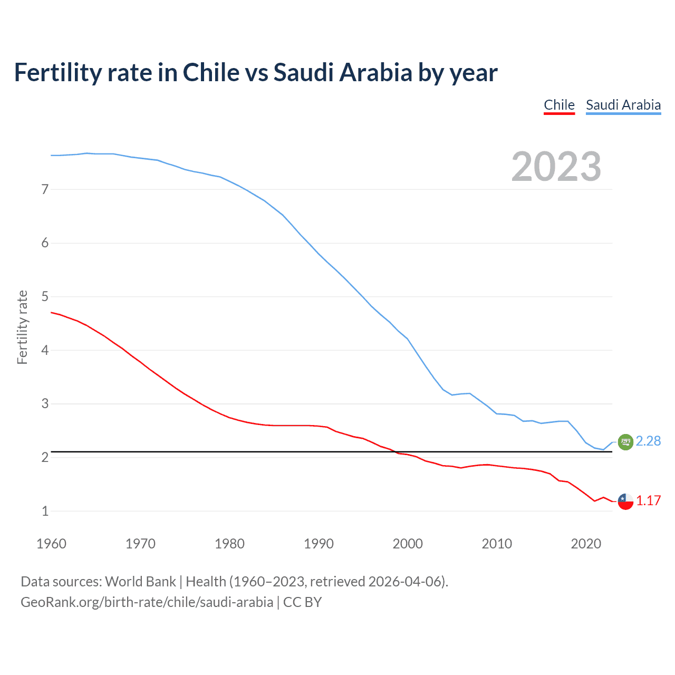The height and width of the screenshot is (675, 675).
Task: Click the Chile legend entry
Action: pos(559,105)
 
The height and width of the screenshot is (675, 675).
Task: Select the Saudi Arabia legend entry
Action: pos(623,105)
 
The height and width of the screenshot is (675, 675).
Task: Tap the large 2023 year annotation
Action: pos(556,167)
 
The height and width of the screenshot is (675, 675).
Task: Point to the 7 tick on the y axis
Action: pos(45,189)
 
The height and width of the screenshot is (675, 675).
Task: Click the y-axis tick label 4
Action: pos(45,350)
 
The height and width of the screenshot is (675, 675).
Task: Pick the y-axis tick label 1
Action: pos(45,511)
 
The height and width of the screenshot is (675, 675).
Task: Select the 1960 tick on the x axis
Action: pos(51,544)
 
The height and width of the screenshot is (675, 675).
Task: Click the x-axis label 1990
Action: pos(319,544)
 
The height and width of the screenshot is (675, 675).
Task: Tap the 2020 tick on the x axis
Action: pos(586,544)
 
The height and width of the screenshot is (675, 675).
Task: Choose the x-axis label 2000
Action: pos(408,544)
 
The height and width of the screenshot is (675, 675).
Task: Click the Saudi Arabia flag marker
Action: pos(625,442)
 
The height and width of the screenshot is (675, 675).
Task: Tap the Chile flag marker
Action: pos(625,502)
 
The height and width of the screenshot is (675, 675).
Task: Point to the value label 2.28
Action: pos(648,441)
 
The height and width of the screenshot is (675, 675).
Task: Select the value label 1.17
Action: pos(648,501)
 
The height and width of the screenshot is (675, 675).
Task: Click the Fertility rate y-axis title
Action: pos(22,327)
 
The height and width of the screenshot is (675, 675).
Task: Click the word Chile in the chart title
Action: pos(211,73)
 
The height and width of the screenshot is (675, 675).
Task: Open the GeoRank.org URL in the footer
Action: pos(147,602)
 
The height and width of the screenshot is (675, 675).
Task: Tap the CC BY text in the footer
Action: pos(302,602)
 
